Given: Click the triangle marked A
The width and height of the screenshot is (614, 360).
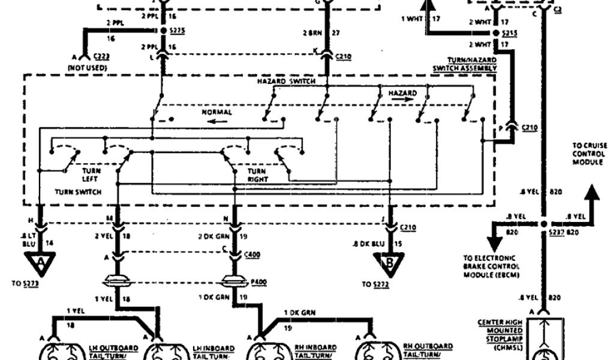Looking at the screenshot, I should pyautogui.click(x=40, y=261).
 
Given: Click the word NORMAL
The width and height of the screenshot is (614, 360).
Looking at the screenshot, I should pyautogui.click(x=216, y=112).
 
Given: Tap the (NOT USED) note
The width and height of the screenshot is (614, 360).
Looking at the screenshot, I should pyautogui.click(x=88, y=68).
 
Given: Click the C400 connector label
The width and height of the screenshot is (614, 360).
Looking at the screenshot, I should pyautogui.click(x=252, y=255).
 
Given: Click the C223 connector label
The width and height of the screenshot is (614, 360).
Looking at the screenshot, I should pyautogui.click(x=100, y=56).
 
